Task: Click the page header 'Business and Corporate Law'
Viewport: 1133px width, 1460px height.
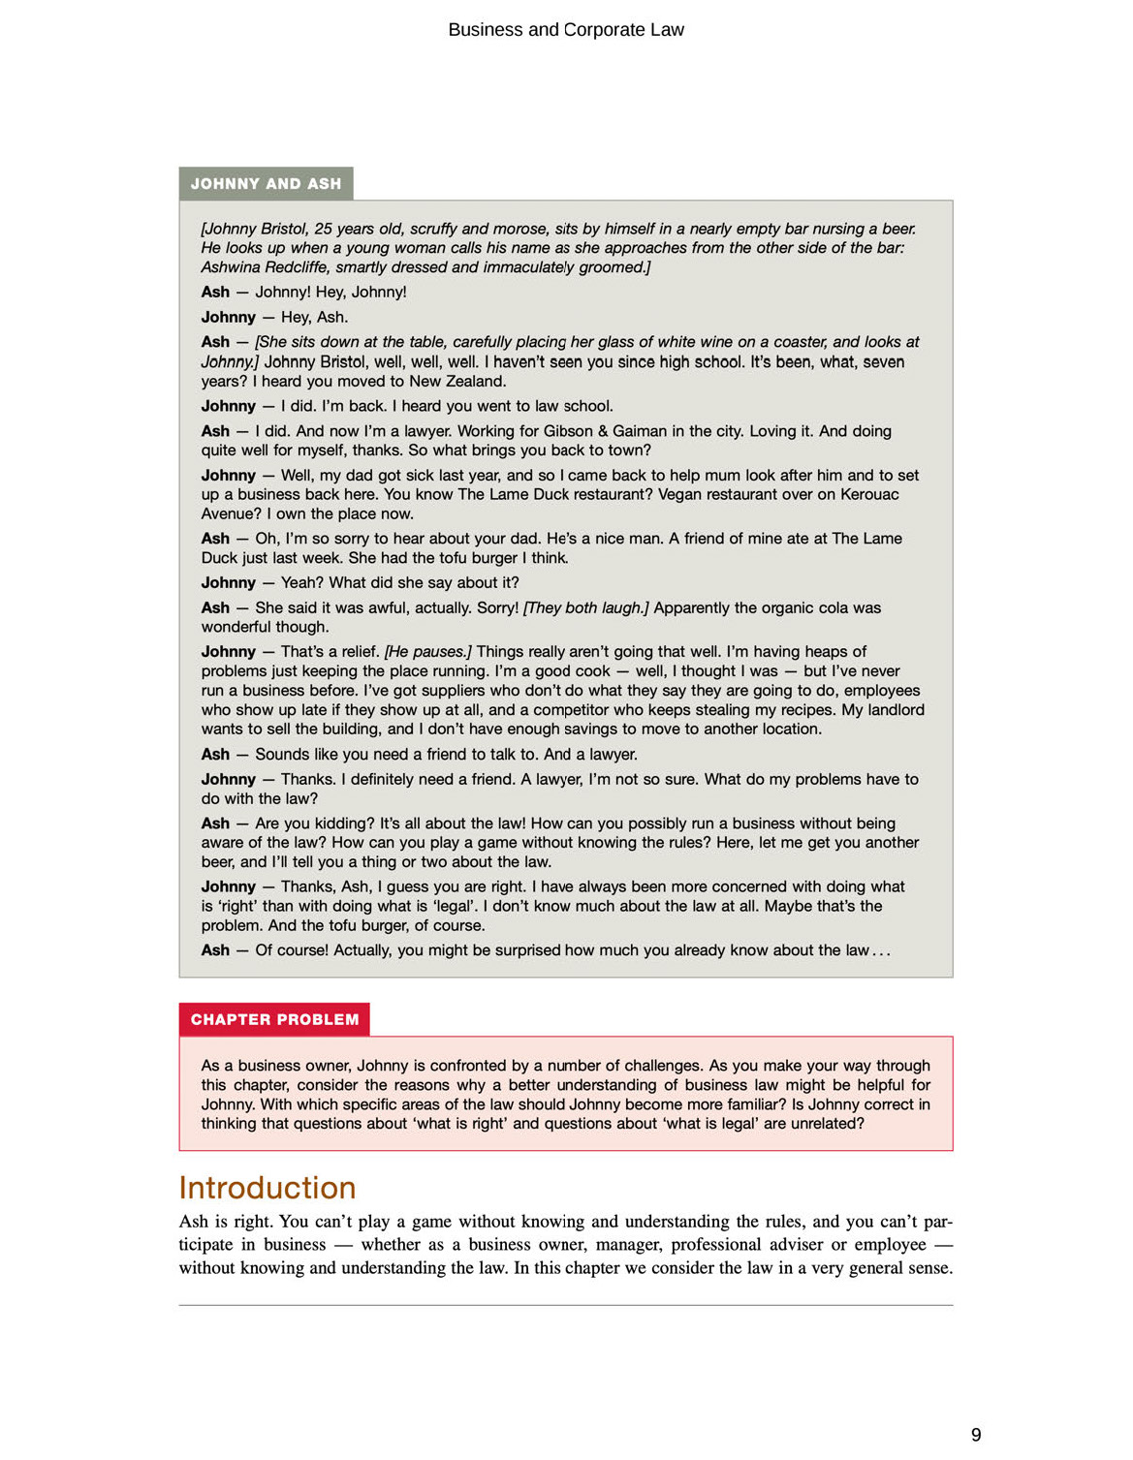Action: [566, 30]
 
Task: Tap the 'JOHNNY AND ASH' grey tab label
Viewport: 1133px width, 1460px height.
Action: [266, 184]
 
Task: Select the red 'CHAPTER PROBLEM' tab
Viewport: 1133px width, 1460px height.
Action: [274, 1019]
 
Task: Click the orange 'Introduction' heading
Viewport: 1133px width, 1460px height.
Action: [268, 1188]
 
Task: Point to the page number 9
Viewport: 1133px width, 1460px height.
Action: [976, 1435]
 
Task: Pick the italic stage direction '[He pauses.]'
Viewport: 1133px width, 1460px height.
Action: [427, 652]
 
